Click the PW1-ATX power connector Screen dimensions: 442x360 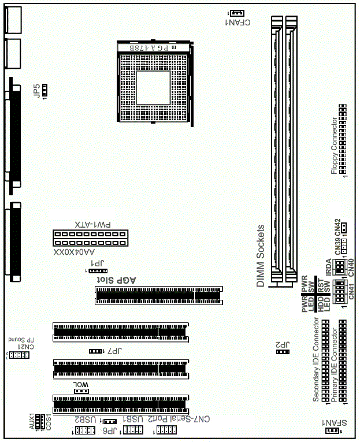91,237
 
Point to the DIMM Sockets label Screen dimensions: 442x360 261,256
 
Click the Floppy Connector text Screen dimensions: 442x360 333,145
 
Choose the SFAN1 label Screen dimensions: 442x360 332,422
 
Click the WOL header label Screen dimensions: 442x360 80,384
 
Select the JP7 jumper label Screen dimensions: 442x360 114,351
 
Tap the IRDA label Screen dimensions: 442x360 328,266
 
